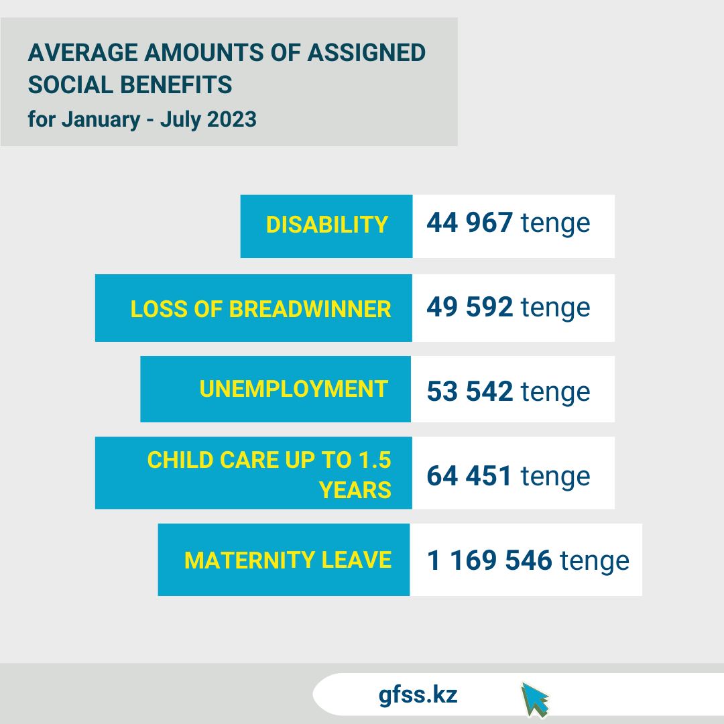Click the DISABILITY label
pyautogui.click(x=327, y=225)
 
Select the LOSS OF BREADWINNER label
pyautogui.click(x=261, y=309)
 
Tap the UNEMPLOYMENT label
pyautogui.click(x=294, y=389)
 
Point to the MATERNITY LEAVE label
pyautogui.click(x=288, y=560)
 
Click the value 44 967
pyautogui.click(x=470, y=223)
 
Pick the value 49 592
pyautogui.click(x=470, y=307)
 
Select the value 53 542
pyautogui.click(x=470, y=391)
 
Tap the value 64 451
pyautogui.click(x=470, y=476)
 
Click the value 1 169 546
pyautogui.click(x=489, y=560)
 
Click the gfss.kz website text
pyautogui.click(x=418, y=695)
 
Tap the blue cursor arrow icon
pyautogui.click(x=535, y=699)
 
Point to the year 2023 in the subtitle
pyautogui.click(x=232, y=119)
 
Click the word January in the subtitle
pyautogui.click(x=101, y=119)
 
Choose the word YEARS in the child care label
pyautogui.click(x=355, y=491)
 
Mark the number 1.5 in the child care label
pyautogui.click(x=374, y=460)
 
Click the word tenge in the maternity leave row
pyautogui.click(x=595, y=560)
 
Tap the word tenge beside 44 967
pyautogui.click(x=556, y=223)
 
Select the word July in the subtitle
pyautogui.click(x=180, y=119)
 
